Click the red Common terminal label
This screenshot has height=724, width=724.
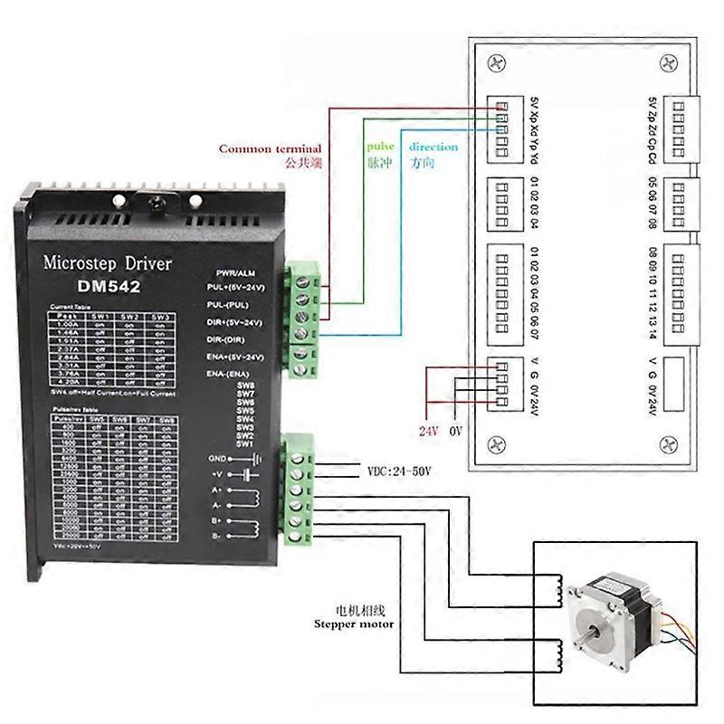click(x=271, y=148)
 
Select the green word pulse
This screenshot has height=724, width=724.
click(x=380, y=146)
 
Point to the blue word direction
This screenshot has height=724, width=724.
click(x=433, y=147)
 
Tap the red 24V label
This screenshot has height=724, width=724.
click(x=426, y=431)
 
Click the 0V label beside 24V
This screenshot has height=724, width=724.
click(x=457, y=431)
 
